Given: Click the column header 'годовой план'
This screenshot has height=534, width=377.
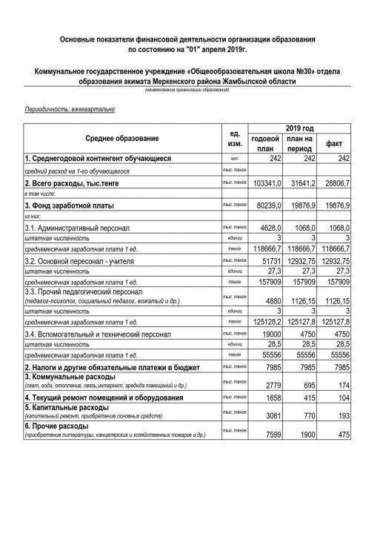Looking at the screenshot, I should pyautogui.click(x=266, y=144).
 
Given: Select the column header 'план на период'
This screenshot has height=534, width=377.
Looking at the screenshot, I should pyautogui.click(x=300, y=144).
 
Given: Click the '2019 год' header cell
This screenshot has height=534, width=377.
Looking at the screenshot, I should pyautogui.click(x=300, y=128).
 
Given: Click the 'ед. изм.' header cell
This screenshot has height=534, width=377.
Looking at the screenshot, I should pyautogui.click(x=234, y=139).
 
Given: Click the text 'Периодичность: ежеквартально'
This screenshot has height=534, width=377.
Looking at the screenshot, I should pyautogui.click(x=70, y=109).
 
